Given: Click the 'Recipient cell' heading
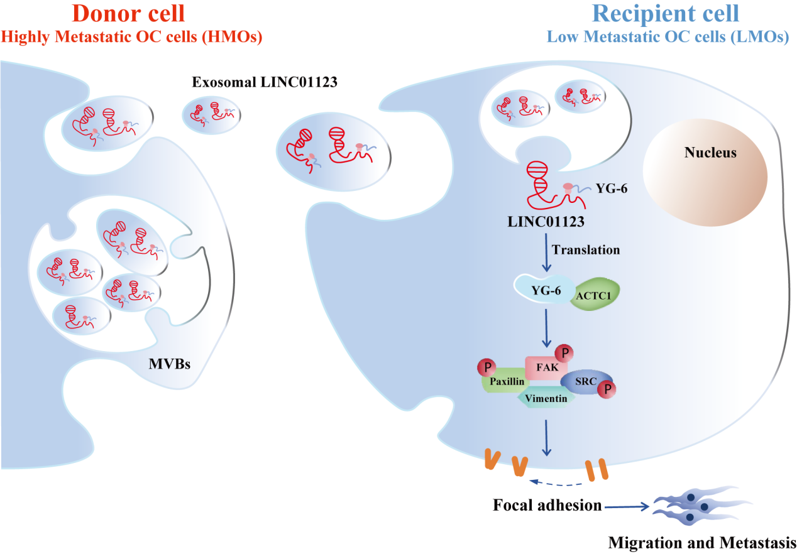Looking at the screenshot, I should coord(667,14).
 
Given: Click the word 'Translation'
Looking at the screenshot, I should coord(586,250).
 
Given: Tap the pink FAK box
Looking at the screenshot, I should coord(546,367).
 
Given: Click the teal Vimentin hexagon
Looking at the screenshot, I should coord(546,398).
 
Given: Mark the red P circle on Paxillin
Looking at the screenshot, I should coord(486,367).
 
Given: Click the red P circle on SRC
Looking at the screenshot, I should coord(606,389).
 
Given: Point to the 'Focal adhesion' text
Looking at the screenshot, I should coord(547,505).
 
